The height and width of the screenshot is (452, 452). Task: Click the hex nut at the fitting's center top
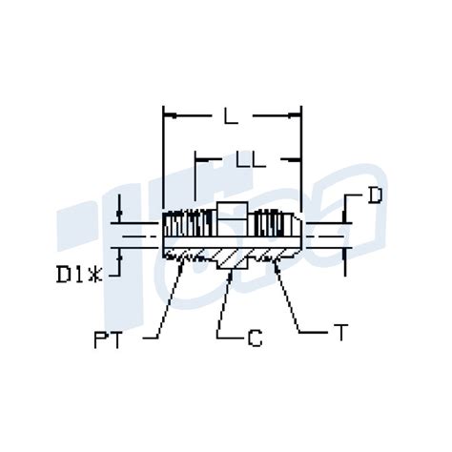(x=232, y=211)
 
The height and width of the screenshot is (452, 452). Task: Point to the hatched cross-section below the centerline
(x=232, y=253)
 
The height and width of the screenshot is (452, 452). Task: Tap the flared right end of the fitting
(x=297, y=229)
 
